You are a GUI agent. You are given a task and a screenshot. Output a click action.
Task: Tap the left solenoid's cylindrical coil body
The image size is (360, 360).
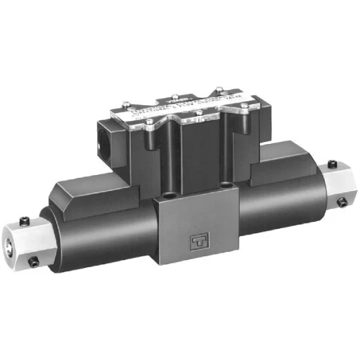coord(94,230)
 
